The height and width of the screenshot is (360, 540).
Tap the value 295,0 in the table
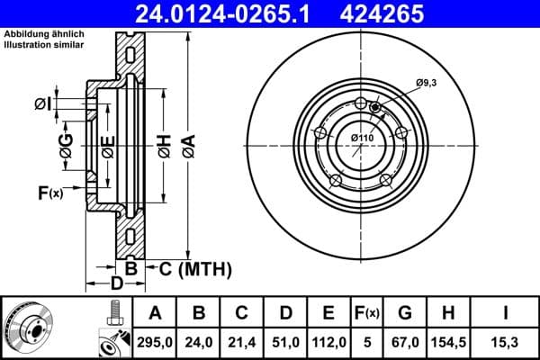click(x=155, y=340)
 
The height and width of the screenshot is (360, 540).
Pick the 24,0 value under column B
click(x=199, y=340)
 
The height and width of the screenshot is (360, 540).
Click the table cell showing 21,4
click(x=242, y=340)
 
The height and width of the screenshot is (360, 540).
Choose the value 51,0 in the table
click(x=285, y=340)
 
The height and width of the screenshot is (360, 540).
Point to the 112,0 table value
click(x=329, y=340)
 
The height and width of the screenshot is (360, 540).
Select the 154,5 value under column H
click(x=447, y=340)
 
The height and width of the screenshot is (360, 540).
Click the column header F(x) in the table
click(x=367, y=313)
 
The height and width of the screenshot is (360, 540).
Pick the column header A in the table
click(x=155, y=313)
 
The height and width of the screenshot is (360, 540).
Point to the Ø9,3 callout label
click(x=426, y=84)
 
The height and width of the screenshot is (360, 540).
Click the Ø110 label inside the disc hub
click(x=363, y=137)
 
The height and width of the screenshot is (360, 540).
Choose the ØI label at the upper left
click(x=41, y=104)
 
